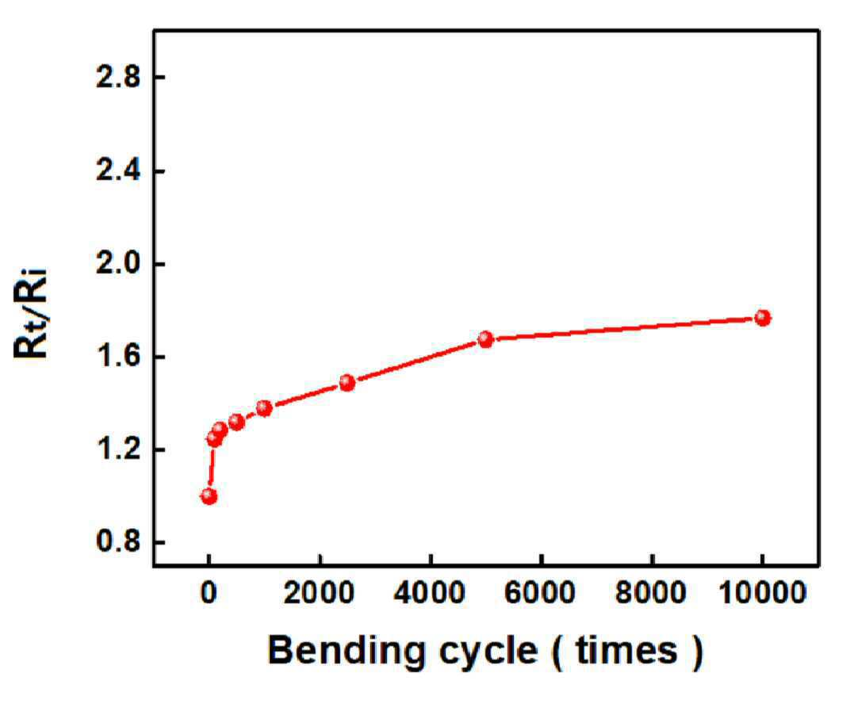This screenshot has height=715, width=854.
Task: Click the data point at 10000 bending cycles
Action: (763, 318)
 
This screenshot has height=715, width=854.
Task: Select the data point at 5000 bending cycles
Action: (485, 340)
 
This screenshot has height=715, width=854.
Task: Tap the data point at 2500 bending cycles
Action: (347, 383)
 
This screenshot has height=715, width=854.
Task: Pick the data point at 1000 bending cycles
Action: (264, 408)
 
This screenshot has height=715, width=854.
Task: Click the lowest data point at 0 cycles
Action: (209, 496)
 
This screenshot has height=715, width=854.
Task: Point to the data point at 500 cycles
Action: (236, 422)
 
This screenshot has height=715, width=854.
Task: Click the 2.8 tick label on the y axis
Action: (118, 78)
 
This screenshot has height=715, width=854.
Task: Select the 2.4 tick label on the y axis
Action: (118, 171)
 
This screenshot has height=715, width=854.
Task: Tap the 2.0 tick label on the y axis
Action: (118, 264)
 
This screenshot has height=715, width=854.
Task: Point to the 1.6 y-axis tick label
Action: (118, 357)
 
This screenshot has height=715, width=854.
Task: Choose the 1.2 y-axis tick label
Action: (118, 450)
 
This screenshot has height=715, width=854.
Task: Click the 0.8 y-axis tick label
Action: (118, 542)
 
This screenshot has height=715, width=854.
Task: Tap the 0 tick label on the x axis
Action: (209, 592)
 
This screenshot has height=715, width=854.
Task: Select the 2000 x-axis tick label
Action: (320, 592)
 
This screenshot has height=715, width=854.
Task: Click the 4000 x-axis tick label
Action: (431, 592)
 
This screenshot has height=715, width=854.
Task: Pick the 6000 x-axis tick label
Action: (541, 592)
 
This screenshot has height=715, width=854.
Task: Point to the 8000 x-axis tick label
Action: (651, 592)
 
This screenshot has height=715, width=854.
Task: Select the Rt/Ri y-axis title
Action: (31, 313)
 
